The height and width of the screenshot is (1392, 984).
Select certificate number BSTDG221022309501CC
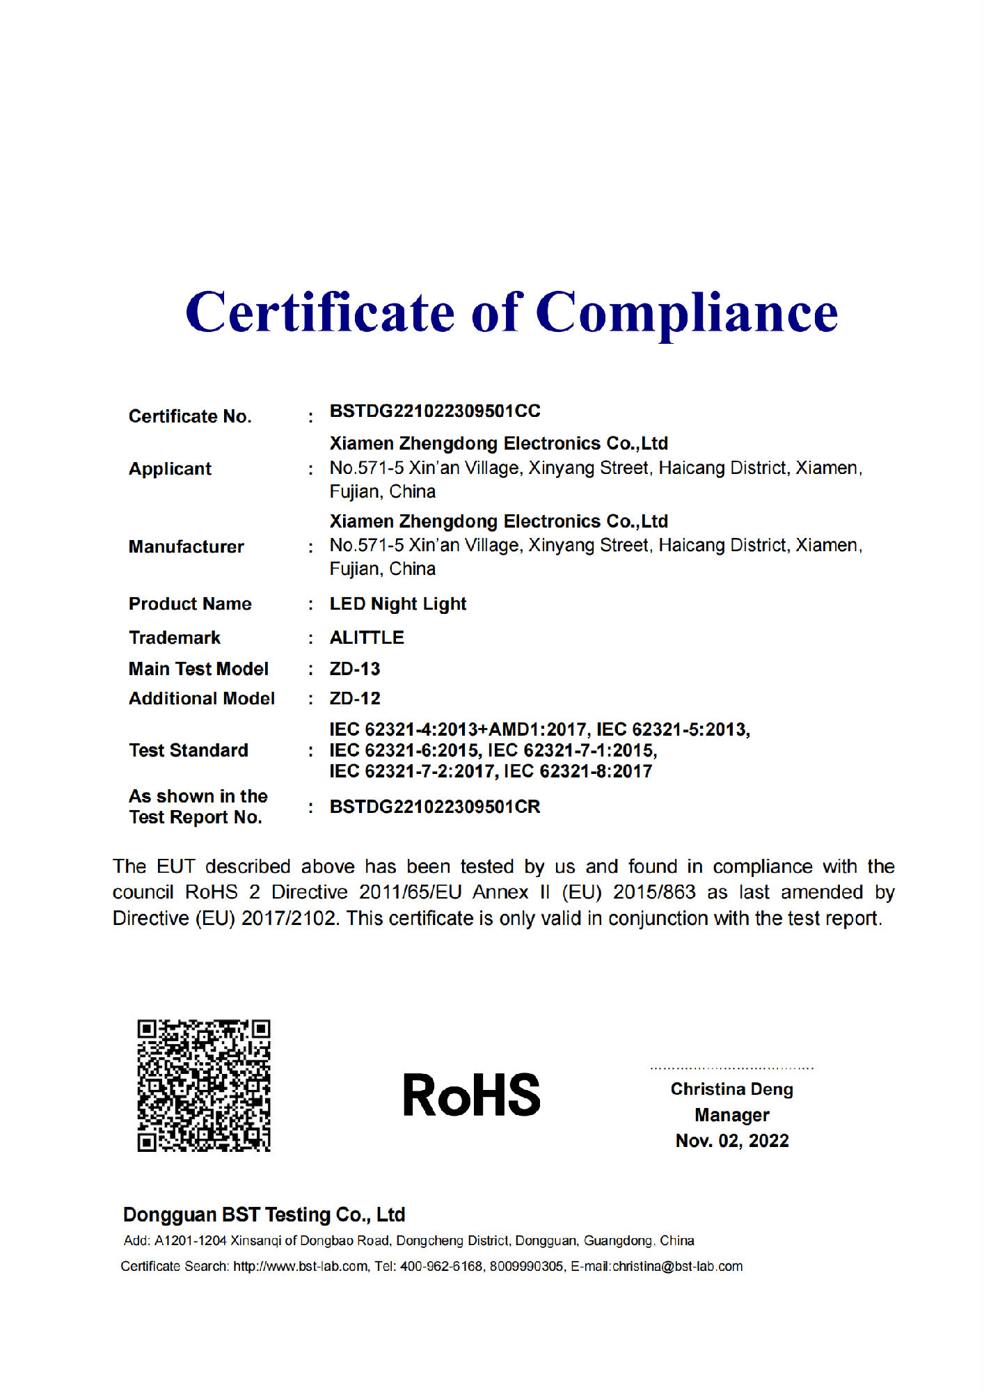click(x=435, y=411)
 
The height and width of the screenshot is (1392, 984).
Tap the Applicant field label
click(x=170, y=469)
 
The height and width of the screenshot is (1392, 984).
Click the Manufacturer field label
click(x=186, y=547)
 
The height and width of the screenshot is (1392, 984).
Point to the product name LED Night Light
click(x=397, y=604)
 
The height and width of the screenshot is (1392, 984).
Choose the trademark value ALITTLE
click(x=367, y=638)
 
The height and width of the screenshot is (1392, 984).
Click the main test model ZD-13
click(x=355, y=669)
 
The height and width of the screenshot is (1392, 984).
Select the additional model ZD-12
click(x=355, y=698)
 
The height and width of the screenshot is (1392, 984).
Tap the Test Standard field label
click(x=188, y=750)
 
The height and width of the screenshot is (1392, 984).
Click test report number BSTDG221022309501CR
click(x=435, y=807)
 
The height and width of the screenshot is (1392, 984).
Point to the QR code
click(x=203, y=1086)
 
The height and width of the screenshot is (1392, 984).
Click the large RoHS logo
click(x=471, y=1095)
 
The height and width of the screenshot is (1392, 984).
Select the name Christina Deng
click(x=731, y=1089)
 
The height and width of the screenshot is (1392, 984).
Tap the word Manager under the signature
click(x=731, y=1115)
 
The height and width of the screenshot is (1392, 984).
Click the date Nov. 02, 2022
click(x=731, y=1141)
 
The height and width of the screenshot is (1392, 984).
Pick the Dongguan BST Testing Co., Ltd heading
click(x=264, y=1215)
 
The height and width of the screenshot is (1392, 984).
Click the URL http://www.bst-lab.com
click(x=300, y=1266)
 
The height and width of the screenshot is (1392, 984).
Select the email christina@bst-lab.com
click(x=677, y=1266)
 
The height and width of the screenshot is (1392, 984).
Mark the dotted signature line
click(x=731, y=1068)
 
